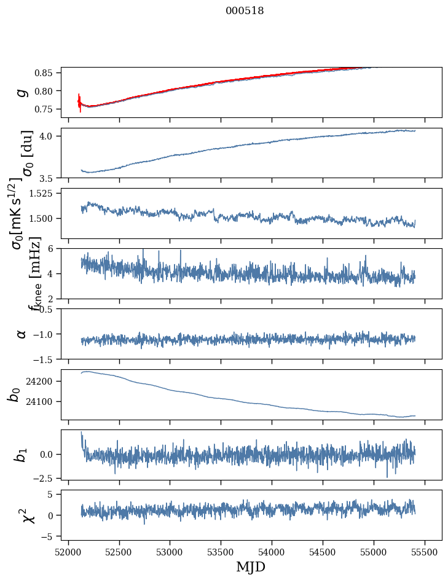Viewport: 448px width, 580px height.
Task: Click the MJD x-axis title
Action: click(251, 566)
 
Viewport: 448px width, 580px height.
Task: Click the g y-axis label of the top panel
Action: click(22, 92)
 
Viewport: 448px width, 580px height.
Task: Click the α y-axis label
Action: click(22, 334)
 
